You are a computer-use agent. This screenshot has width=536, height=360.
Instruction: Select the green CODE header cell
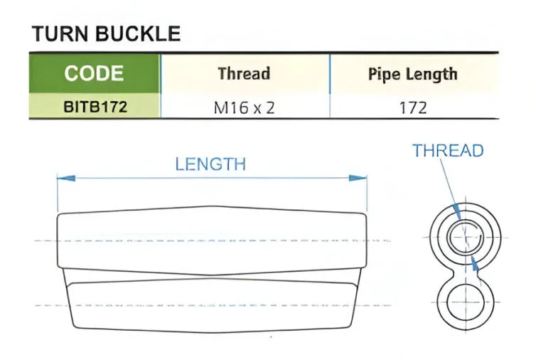coord(95,73)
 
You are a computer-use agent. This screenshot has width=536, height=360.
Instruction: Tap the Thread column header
coord(244,73)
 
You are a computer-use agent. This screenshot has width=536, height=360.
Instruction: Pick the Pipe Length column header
coord(412,74)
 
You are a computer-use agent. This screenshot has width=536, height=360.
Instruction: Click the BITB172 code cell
coord(95,107)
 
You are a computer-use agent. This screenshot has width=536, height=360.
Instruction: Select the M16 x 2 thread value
coord(244,108)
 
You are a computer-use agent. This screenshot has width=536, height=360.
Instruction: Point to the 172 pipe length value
coord(413,108)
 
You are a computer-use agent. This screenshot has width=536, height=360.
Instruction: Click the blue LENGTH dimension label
coord(210,164)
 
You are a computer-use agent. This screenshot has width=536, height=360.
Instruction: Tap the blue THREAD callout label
coord(448,151)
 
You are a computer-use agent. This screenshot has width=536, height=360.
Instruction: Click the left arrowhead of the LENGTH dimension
coord(66,179)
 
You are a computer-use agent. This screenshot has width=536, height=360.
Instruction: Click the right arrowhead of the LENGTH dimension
coord(358,179)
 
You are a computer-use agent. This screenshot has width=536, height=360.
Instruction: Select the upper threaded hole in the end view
coord(465,237)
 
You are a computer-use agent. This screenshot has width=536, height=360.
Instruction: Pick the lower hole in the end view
coord(465,302)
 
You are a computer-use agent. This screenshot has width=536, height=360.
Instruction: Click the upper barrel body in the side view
coord(212,240)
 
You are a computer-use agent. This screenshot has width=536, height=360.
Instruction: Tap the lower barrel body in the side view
coord(212,305)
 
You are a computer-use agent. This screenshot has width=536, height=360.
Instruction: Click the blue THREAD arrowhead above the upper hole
coord(456,211)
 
